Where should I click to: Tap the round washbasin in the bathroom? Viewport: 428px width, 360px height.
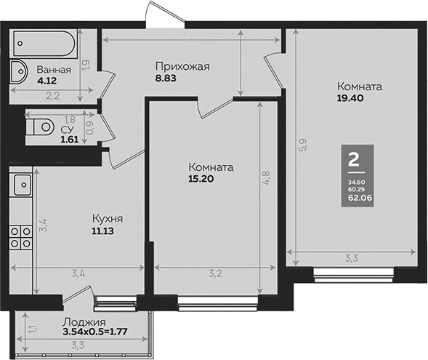click(x=18, y=73)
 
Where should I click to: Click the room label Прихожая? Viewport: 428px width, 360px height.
click(x=182, y=67)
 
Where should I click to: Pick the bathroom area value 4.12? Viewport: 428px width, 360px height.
click(x=48, y=81)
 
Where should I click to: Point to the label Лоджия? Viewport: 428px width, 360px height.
click(x=84, y=323)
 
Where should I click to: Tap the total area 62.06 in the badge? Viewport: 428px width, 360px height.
click(x=355, y=196)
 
